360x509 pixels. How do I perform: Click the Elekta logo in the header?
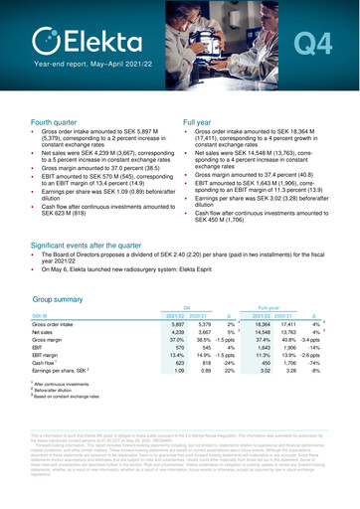pos(75,40)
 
